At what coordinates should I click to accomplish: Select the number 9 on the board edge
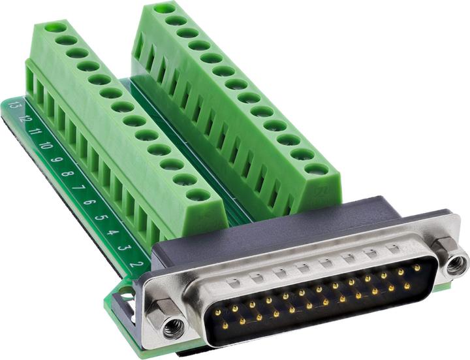[57, 160]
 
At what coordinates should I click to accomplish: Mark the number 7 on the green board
[78, 188]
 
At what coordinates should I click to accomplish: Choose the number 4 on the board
[112, 232]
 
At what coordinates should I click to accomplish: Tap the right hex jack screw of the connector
[455, 264]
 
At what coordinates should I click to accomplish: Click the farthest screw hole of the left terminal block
[55, 28]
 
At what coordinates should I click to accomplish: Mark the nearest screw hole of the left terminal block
[197, 194]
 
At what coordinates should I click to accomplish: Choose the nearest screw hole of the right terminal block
[316, 169]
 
